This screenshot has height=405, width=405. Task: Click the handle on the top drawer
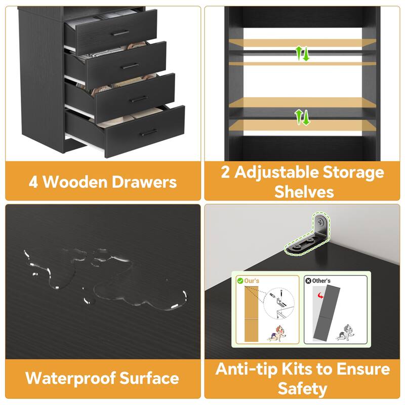point(120,33)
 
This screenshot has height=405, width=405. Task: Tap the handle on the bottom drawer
point(149,133)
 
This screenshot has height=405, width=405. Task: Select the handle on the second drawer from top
point(131,66)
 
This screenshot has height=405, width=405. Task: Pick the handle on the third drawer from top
point(140,99)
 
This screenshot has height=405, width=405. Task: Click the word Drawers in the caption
point(144,182)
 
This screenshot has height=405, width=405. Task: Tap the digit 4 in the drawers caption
point(33,182)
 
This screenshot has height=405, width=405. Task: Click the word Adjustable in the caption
point(276,173)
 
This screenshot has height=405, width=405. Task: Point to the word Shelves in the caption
point(304,192)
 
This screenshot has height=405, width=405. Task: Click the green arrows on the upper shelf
point(302,54)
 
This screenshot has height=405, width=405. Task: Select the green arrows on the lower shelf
point(302,117)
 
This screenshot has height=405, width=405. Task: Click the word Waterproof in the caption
point(71,379)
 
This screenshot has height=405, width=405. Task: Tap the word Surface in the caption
point(149,378)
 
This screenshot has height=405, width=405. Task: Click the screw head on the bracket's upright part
point(320,222)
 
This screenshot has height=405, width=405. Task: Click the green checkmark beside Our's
point(240,280)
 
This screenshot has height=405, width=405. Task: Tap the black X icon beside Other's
point(308,280)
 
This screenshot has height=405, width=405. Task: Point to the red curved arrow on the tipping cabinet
point(320,295)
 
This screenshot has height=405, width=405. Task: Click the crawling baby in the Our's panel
point(276,333)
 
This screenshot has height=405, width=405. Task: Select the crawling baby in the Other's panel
point(345,332)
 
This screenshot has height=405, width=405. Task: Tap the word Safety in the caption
point(302,389)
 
